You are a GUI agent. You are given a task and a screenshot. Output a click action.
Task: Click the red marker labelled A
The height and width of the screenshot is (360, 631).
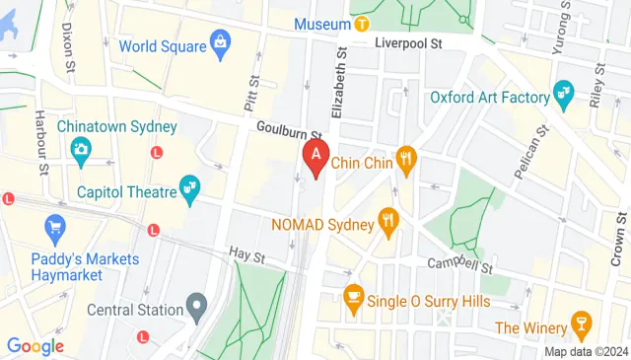click(315, 156)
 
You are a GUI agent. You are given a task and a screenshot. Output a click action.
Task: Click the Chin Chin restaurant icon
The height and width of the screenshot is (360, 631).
click(404, 157)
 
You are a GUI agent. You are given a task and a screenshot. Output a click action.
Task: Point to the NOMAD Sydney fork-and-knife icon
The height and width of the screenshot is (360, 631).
click(389, 223)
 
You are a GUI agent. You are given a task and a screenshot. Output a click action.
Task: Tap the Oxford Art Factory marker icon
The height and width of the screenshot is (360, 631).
click(563, 96)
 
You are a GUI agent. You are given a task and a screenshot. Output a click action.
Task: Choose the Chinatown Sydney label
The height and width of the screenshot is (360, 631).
click(116, 126)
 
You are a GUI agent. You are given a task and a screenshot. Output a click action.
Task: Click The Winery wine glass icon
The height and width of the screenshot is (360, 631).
click(582, 325)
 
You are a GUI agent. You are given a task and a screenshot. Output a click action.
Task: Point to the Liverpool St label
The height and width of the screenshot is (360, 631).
click(408, 43)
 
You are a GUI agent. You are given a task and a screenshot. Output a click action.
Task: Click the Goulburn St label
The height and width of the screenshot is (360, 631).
click(290, 131)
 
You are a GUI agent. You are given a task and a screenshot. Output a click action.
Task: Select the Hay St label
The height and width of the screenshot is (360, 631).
click(246, 256)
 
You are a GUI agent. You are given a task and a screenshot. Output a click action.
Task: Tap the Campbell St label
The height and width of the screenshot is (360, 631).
click(458, 265)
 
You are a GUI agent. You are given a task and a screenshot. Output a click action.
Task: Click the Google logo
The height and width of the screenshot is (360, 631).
click(35, 346)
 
